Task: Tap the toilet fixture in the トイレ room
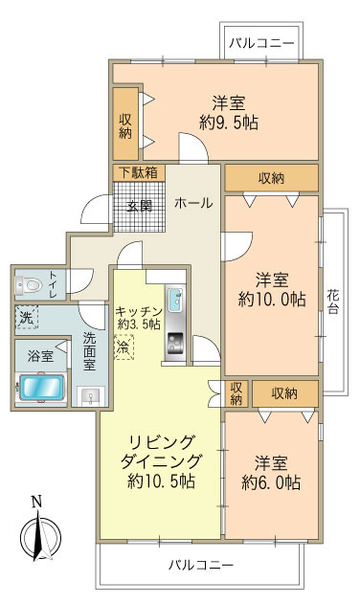31,284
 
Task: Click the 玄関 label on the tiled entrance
140,204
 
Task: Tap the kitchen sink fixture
178,301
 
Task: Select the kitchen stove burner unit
176,342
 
